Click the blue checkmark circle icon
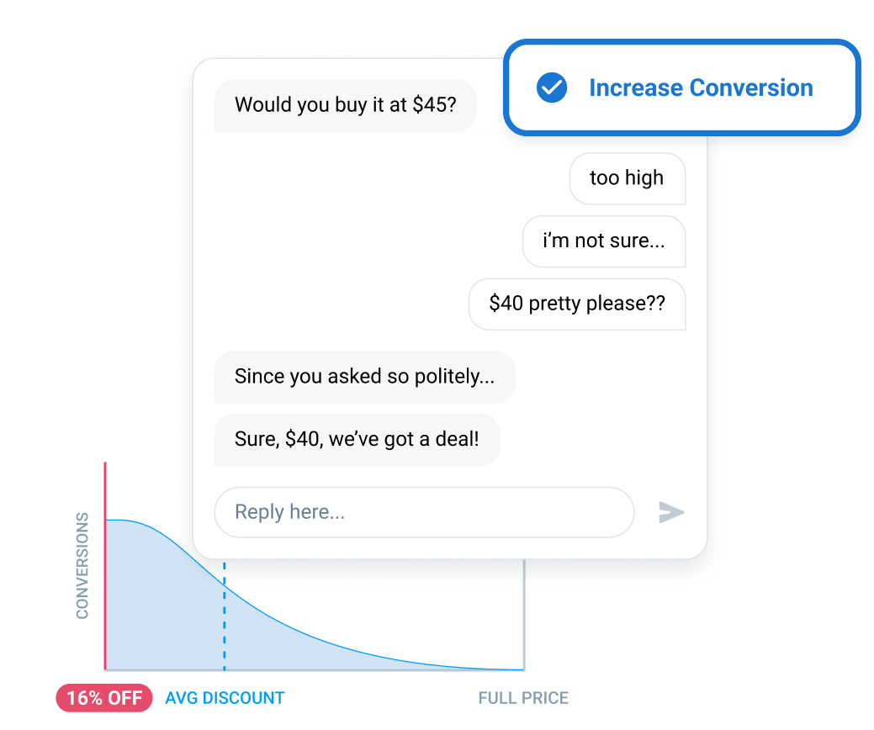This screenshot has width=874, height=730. click(552, 87)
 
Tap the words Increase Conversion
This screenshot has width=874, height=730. click(701, 88)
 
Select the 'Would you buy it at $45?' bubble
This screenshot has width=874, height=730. click(346, 105)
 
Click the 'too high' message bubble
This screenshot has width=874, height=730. click(627, 178)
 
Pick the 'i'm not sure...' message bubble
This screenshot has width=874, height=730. click(604, 241)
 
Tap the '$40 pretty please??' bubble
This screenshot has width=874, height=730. click(577, 304)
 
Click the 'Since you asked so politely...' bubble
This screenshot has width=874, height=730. click(364, 378)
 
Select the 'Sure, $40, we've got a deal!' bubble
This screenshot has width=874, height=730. click(357, 440)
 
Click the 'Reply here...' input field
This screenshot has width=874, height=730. click(424, 512)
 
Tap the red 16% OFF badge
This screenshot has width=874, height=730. click(104, 698)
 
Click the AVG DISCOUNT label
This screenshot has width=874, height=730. click(225, 698)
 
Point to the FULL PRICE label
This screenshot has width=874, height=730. click(523, 698)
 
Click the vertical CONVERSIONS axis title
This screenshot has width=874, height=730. click(82, 566)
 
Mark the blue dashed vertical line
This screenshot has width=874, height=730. click(225, 616)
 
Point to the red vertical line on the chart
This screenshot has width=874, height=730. click(105, 566)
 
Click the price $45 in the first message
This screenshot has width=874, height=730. click(434, 105)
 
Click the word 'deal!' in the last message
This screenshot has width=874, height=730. click(457, 439)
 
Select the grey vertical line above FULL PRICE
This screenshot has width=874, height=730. click(524, 615)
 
